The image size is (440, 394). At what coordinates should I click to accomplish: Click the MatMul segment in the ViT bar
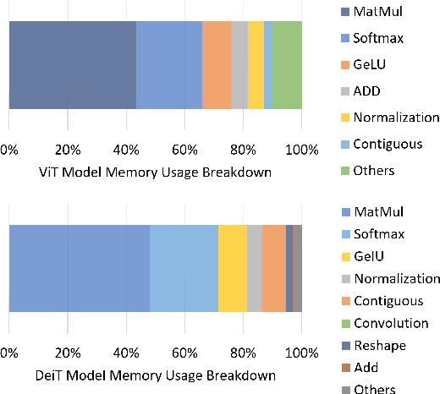[72, 65]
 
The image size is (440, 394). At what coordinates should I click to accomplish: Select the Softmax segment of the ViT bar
[169, 65]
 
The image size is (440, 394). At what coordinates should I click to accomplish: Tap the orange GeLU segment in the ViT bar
[217, 65]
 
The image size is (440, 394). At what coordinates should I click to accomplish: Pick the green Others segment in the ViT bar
[287, 65]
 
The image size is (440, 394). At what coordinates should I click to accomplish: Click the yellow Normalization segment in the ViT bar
[256, 65]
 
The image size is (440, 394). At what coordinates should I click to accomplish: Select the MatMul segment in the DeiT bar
[79, 268]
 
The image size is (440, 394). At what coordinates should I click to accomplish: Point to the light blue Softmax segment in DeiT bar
[184, 268]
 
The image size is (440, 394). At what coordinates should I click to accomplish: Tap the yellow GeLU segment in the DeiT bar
[232, 268]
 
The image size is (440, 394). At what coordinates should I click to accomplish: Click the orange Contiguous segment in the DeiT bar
[273, 268]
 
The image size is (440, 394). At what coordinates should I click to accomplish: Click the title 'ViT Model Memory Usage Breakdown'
[155, 173]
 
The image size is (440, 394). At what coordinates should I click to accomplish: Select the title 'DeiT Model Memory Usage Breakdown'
[155, 375]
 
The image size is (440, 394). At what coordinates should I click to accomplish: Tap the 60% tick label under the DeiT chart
[184, 353]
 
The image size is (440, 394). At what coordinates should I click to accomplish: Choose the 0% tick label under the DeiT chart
[9, 353]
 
